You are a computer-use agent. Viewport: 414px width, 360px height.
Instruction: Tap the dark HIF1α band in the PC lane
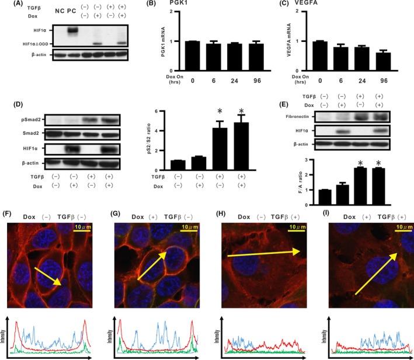click(x=74, y=30)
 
